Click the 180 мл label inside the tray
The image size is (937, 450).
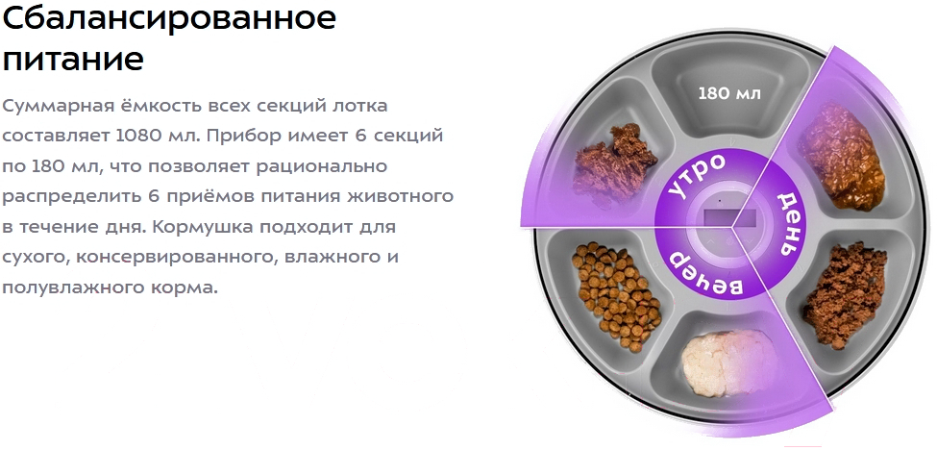(x=729, y=93)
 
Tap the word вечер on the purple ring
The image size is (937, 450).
(x=703, y=272)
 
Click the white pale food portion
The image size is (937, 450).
(x=729, y=364)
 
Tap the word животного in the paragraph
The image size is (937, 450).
(x=400, y=196)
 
